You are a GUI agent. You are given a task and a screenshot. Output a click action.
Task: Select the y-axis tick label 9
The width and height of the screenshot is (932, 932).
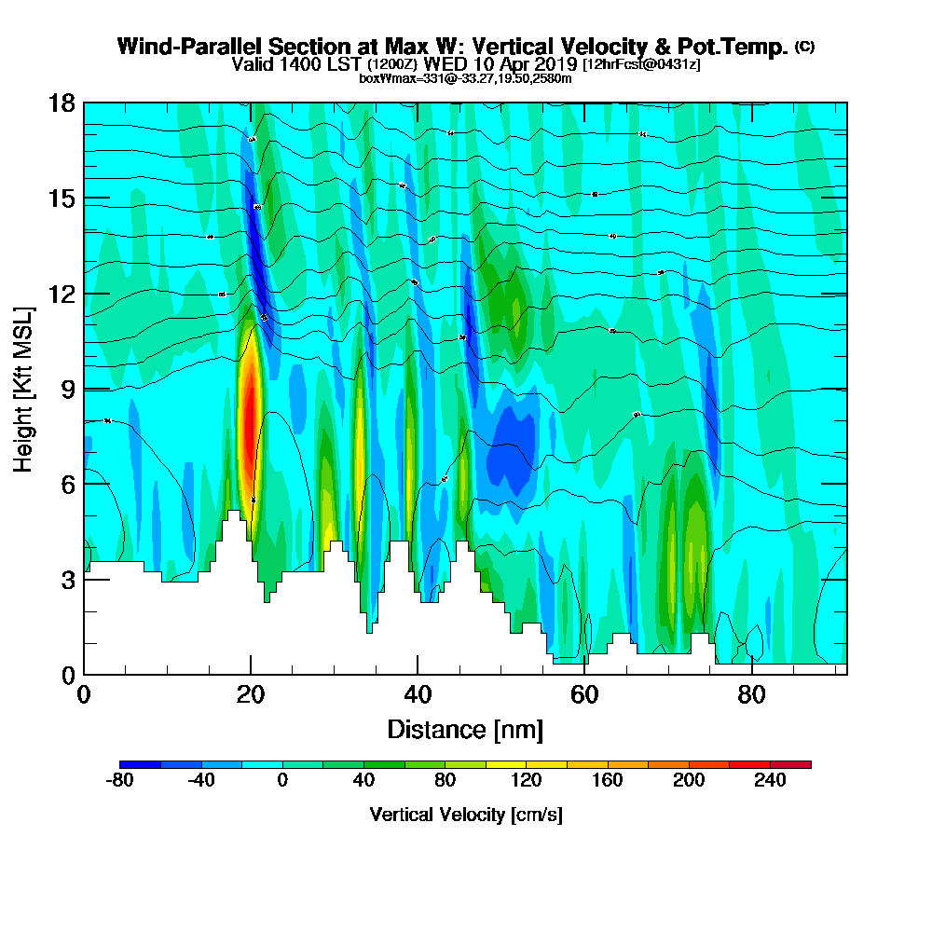(67, 389)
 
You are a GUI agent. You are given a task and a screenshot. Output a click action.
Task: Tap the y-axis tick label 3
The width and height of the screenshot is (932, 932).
(67, 579)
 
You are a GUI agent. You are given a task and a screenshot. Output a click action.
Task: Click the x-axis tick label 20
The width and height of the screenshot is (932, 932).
(251, 695)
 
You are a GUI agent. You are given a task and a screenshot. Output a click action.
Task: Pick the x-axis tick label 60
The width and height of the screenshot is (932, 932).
(584, 695)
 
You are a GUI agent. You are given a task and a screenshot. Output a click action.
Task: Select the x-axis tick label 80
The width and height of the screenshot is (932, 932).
(751, 695)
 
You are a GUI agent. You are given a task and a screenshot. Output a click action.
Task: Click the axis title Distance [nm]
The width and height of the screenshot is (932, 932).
(465, 729)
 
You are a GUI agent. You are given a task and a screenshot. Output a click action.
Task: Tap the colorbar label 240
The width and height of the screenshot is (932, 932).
(770, 781)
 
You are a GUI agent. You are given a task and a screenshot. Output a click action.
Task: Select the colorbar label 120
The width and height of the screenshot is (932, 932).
(527, 781)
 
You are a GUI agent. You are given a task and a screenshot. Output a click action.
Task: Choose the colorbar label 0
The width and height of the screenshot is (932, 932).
(281, 781)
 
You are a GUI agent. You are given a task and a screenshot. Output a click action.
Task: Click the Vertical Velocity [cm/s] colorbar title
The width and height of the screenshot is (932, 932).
(465, 815)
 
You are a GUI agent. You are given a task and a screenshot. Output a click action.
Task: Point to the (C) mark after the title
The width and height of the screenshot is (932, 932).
(804, 47)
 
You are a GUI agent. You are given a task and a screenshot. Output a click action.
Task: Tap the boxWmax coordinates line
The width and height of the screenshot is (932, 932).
(465, 78)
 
